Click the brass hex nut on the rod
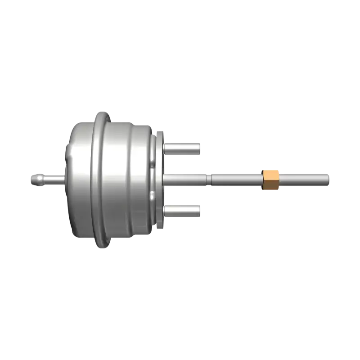[x=269, y=180]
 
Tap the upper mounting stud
[x=182, y=147]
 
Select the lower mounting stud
[x=182, y=210]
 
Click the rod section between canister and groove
[x=187, y=179]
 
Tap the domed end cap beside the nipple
[x=72, y=180]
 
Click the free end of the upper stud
[x=198, y=147]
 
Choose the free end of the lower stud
[x=198, y=210]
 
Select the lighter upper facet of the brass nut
[x=269, y=174]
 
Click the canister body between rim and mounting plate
[x=130, y=180]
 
